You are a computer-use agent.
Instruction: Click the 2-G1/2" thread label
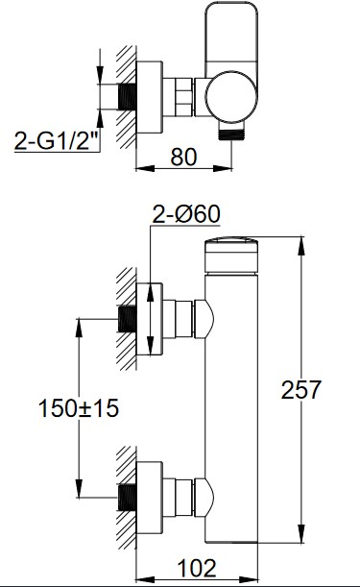click(x=57, y=140)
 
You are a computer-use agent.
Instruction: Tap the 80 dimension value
click(x=183, y=158)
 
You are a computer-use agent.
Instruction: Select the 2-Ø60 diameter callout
click(x=186, y=214)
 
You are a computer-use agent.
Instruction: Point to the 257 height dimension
click(x=300, y=390)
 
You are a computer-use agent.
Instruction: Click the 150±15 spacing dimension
click(x=79, y=408)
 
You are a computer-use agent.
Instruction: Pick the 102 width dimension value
click(x=197, y=568)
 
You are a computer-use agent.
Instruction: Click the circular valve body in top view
click(x=231, y=97)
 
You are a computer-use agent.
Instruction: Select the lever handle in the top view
click(x=231, y=37)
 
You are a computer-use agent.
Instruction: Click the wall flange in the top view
click(x=150, y=97)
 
